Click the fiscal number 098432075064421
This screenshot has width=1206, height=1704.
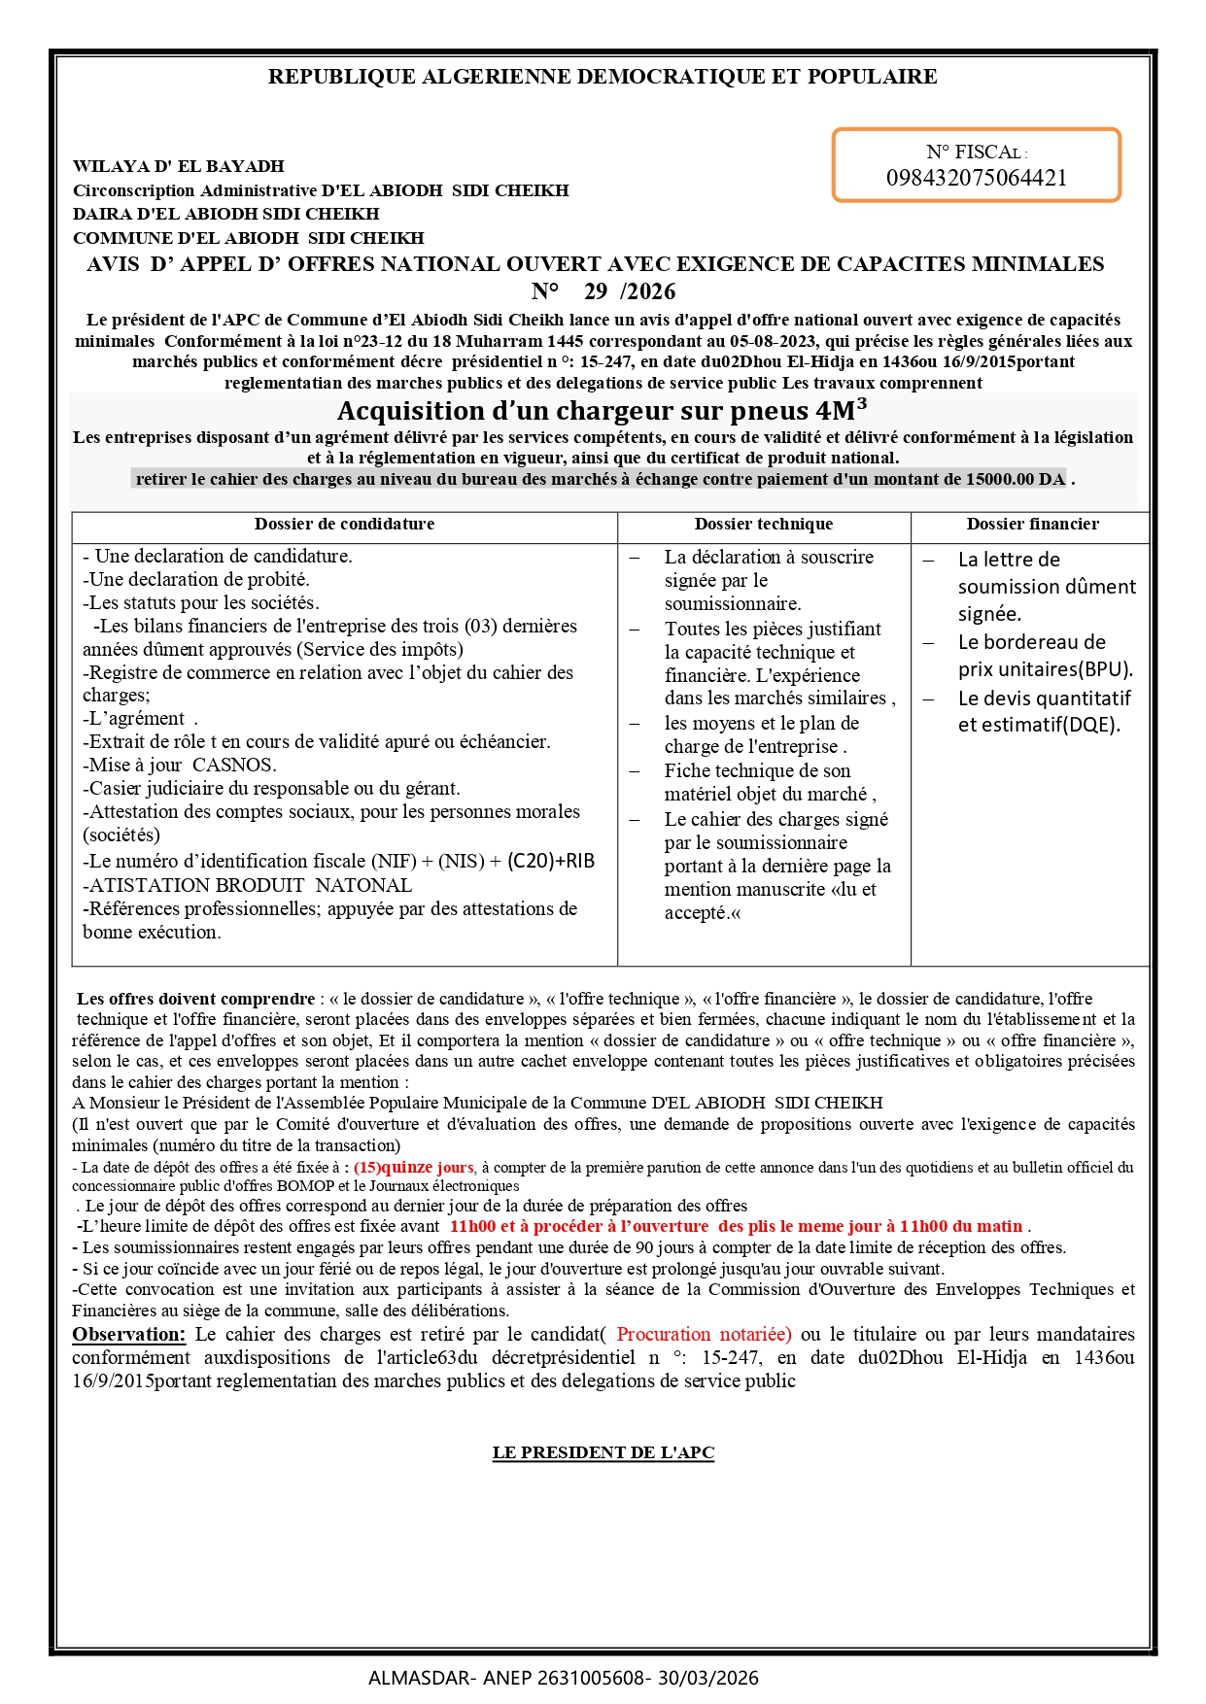(976, 178)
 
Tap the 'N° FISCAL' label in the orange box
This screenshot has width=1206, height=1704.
(976, 153)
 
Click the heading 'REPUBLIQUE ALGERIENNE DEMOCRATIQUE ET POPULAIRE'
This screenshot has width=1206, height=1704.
(603, 77)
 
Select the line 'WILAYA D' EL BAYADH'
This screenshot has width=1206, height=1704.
(179, 166)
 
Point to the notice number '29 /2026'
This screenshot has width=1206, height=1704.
(630, 291)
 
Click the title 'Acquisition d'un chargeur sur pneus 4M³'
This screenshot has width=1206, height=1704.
(603, 410)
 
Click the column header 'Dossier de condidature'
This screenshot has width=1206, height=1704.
(344, 525)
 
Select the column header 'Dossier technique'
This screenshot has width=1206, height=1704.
(764, 525)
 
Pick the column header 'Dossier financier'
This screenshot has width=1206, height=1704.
(1032, 525)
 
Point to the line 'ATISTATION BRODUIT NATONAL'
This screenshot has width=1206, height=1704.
(249, 885)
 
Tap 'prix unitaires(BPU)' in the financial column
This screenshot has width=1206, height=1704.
(1046, 669)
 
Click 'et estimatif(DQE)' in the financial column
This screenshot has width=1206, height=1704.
(1039, 725)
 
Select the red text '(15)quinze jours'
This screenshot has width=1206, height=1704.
(414, 1168)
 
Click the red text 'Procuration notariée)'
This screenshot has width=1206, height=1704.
(704, 1335)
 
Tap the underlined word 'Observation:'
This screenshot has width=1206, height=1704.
(128, 1335)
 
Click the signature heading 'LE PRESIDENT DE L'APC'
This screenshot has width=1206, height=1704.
(603, 1453)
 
